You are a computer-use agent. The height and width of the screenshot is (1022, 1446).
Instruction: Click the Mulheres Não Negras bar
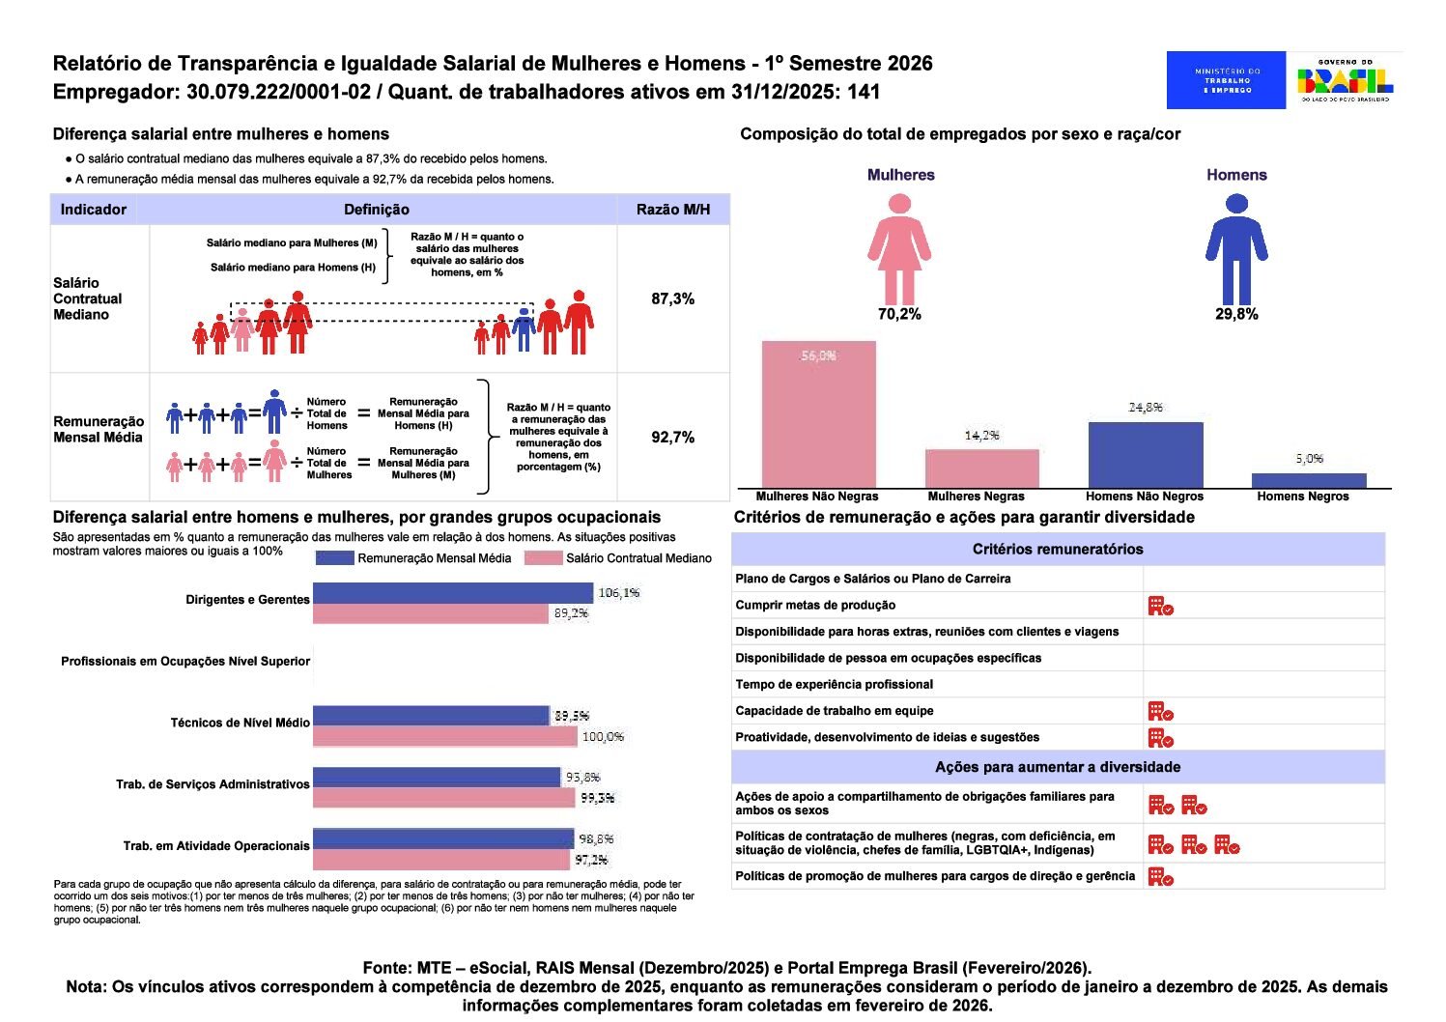click(818, 414)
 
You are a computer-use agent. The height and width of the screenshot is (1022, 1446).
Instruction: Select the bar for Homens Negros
click(1309, 480)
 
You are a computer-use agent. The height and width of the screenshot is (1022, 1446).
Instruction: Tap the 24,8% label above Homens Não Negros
click(1146, 408)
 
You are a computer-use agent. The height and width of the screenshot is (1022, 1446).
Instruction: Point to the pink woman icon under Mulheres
click(899, 249)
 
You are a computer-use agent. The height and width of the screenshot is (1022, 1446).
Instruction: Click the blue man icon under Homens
click(1236, 249)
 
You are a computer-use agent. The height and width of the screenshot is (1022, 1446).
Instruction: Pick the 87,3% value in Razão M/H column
click(672, 298)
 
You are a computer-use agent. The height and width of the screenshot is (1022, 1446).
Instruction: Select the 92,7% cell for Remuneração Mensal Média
click(672, 437)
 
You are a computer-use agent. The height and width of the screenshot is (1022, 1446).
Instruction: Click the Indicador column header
click(94, 210)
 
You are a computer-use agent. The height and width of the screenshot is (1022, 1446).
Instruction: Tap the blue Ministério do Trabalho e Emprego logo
click(1226, 80)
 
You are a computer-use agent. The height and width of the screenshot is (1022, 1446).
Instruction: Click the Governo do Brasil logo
click(1346, 80)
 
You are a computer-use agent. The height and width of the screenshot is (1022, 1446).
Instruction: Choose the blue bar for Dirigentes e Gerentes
click(452, 593)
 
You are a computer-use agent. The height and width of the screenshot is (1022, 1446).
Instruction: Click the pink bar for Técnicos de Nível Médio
click(445, 737)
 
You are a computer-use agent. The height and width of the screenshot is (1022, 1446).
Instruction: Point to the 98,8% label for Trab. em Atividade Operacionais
click(596, 838)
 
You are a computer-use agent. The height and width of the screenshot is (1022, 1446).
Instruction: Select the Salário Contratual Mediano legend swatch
click(543, 558)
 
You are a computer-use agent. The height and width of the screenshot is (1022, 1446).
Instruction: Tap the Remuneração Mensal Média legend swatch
click(335, 558)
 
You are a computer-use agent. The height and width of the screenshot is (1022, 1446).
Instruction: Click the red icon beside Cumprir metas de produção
click(1160, 606)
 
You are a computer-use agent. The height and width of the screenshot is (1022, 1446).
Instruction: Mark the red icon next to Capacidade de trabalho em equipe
click(1160, 711)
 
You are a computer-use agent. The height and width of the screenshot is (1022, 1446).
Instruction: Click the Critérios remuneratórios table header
click(1058, 549)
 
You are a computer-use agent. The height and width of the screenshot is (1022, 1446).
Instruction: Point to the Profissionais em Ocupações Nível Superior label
click(185, 662)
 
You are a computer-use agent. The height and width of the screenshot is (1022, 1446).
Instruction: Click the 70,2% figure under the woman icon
click(899, 314)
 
